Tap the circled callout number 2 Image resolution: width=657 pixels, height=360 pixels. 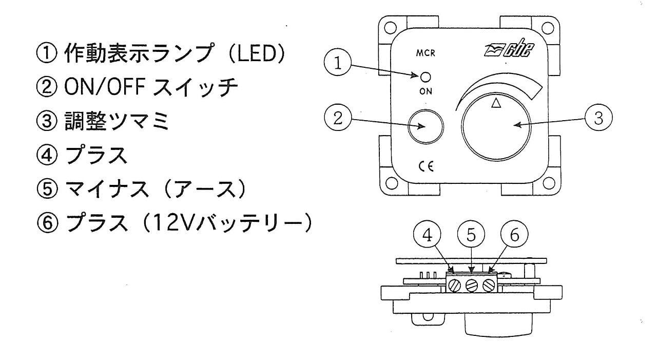[337, 118]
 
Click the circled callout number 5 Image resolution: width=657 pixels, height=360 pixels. [471, 235]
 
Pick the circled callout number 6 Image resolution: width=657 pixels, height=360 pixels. [515, 235]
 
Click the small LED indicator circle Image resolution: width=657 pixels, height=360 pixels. [425, 77]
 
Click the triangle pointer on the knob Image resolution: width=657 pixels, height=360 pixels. [495, 103]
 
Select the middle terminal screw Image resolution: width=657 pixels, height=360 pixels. [472, 286]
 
